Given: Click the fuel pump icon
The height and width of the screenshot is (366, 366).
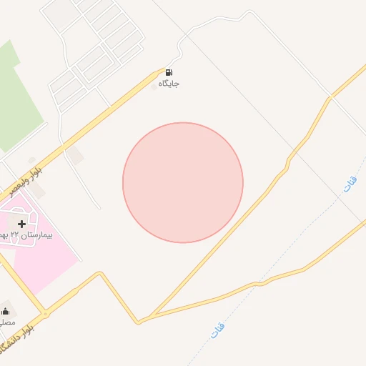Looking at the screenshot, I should [169, 71].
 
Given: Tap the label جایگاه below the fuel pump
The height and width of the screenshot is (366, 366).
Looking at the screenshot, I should [169, 84].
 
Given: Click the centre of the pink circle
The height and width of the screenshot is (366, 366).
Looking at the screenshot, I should [183, 182].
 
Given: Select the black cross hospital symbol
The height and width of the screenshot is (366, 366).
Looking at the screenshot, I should [21, 224].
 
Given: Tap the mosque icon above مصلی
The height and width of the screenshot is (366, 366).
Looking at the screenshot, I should [6, 310].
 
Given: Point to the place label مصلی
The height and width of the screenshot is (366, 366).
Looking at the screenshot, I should [6, 322].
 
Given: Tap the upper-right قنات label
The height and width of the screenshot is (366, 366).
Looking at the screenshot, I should [350, 184].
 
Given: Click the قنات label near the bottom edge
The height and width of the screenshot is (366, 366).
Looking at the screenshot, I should [217, 330].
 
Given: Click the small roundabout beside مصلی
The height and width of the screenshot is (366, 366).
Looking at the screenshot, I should [45, 313].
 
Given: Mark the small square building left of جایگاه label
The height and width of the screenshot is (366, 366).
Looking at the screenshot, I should [152, 87].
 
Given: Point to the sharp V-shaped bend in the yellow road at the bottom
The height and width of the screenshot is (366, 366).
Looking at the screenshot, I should [139, 322].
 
